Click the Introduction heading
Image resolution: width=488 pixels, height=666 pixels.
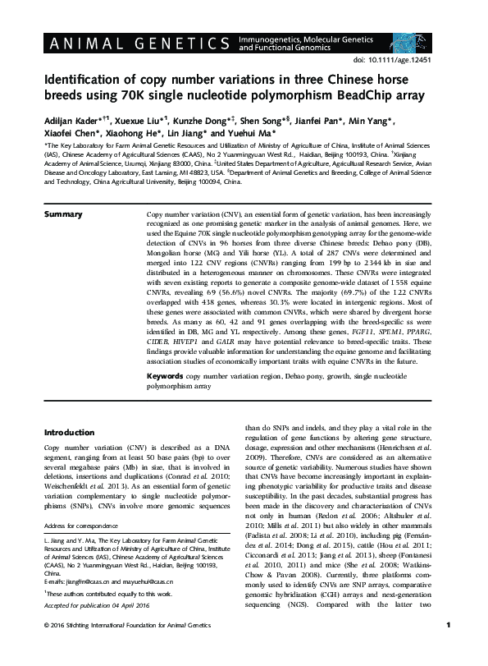pos(69,431)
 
